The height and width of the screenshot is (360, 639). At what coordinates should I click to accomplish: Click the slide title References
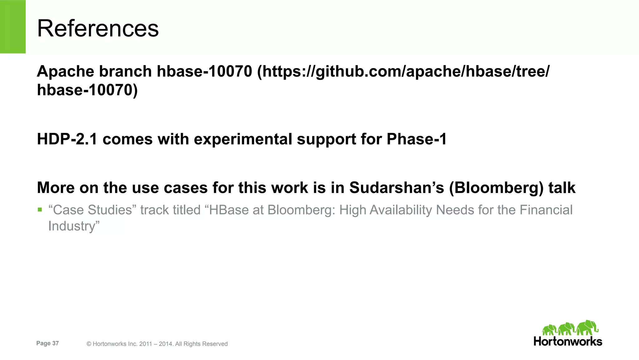point(98,28)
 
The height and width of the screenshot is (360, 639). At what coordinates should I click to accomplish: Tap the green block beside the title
point(12,27)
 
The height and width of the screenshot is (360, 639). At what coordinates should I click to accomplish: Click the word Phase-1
point(417,139)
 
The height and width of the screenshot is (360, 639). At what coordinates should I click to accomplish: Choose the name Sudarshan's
point(396,188)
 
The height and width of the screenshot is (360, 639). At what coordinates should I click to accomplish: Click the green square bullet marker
point(40,210)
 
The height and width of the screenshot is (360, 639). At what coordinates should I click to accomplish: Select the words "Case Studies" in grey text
point(92,210)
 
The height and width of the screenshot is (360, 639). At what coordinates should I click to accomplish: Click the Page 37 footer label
point(47,343)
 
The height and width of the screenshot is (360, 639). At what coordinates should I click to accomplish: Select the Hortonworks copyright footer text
point(157,344)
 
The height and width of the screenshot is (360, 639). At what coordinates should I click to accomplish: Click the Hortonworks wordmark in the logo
point(568,341)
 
